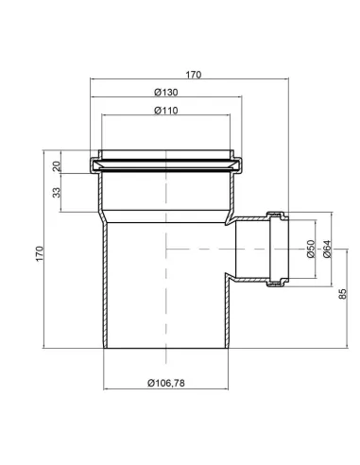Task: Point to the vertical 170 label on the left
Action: (x=39, y=253)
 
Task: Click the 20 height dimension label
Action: (x=56, y=164)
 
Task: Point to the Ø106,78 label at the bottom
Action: (x=166, y=384)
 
